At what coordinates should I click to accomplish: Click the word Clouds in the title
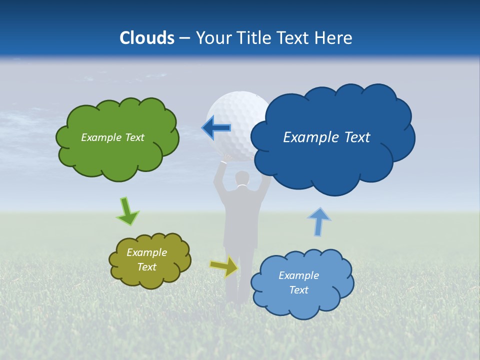[x=147, y=38]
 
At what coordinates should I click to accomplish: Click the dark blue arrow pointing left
[x=216, y=128]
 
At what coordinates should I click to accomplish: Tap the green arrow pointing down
[x=127, y=211]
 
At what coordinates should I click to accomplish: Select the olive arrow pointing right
[x=224, y=266]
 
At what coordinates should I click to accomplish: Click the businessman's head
[x=242, y=178]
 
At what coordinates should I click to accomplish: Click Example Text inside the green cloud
[x=112, y=137]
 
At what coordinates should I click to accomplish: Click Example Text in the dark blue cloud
[x=326, y=137]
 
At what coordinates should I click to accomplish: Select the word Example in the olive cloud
[x=146, y=252]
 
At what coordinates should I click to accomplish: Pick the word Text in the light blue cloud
[x=298, y=290]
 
